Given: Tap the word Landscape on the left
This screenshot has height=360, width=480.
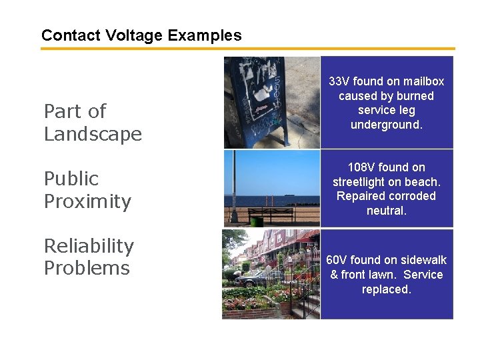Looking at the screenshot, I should click(93, 134).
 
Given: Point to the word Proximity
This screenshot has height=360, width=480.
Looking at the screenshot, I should click(87, 201).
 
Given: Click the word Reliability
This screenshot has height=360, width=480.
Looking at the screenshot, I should click(89, 246).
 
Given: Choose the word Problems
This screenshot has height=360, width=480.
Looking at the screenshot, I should click(87, 268).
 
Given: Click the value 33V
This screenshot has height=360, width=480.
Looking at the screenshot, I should click(339, 81).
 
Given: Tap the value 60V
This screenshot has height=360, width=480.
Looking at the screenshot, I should click(339, 260).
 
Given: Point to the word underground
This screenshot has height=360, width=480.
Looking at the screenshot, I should click(387, 125).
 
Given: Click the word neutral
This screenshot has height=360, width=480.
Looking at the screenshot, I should click(387, 211).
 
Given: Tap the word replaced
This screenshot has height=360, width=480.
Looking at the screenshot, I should click(387, 289).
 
